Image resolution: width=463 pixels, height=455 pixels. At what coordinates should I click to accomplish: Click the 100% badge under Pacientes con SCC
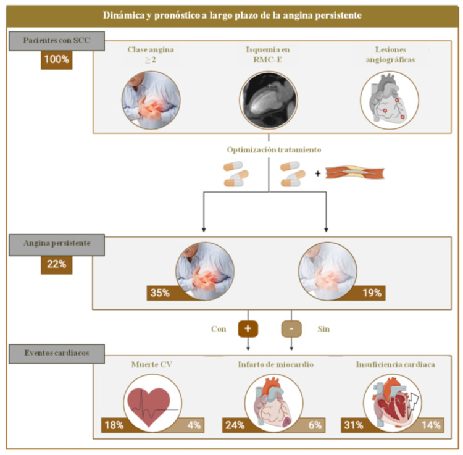tap(57, 61)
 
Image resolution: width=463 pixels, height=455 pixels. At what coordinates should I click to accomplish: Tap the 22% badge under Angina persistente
tap(57, 265)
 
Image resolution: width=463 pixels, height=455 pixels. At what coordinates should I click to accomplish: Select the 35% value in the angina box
tap(160, 293)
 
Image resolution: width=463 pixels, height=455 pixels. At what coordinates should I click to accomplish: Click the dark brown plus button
tap(248, 329)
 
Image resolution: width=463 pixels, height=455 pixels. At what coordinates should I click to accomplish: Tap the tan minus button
tap(291, 329)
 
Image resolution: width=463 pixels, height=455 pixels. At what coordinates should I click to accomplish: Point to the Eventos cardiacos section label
tap(56, 354)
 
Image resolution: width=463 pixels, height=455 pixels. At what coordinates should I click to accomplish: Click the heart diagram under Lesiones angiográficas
tap(390, 100)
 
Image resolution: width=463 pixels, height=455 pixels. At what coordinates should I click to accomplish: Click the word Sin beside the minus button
tap(323, 329)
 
